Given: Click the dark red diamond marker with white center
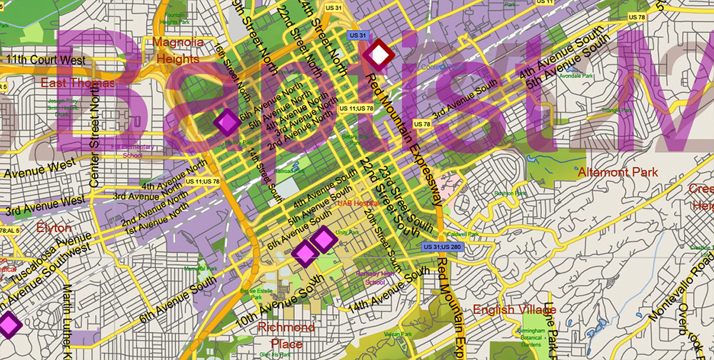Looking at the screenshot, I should click(378, 54).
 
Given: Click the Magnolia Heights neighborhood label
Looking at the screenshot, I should click(178, 49).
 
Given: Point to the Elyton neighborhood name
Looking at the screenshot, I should click(54, 228).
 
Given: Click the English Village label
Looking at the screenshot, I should click(515, 309).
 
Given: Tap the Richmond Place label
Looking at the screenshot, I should click(286, 336).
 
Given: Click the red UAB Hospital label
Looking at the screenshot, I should click(358, 203).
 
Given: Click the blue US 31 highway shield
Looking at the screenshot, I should click(357, 35).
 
